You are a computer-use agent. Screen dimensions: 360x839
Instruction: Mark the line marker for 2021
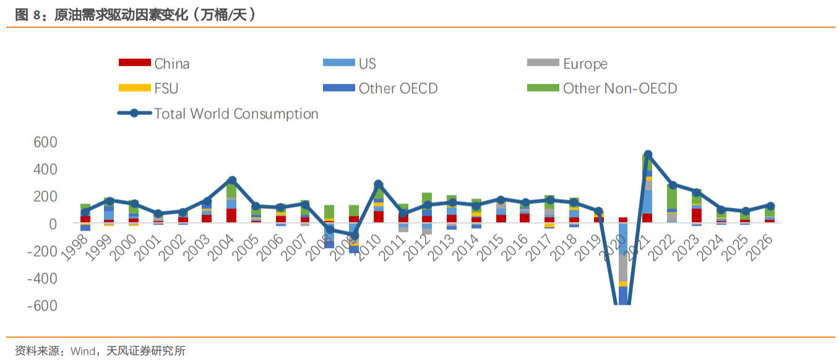647,155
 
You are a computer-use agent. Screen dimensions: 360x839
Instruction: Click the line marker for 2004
231,181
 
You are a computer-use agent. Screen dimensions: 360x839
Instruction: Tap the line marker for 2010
378,184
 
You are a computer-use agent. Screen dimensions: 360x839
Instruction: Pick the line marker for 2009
354,236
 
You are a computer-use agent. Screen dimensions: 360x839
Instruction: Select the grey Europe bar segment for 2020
623,268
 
